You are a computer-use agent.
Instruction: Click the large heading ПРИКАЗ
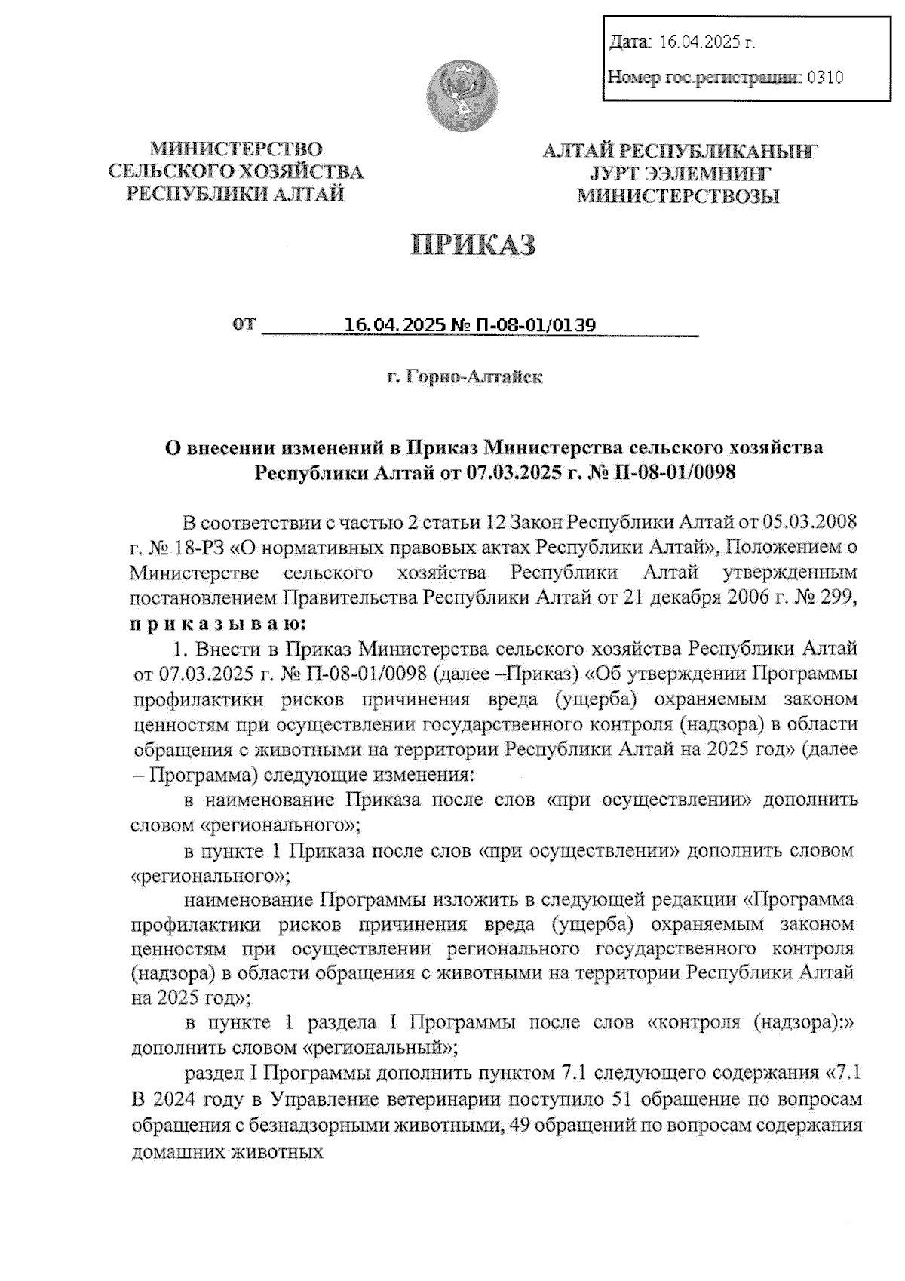coord(473,246)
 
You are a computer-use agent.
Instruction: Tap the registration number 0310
coord(825,77)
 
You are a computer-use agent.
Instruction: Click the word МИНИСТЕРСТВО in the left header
coord(235,148)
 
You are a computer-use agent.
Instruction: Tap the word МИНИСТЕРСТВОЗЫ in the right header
coord(678,198)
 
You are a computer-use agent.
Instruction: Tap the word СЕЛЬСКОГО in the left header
coord(168,171)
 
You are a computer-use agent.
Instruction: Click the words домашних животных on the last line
coord(228,1152)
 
